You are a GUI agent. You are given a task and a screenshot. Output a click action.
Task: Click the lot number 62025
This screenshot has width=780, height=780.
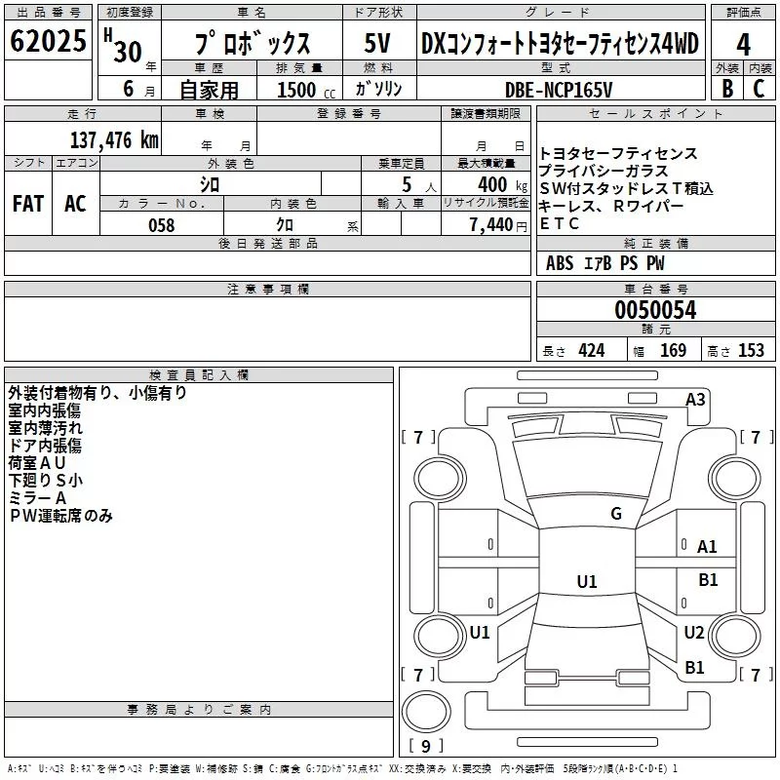[48, 41]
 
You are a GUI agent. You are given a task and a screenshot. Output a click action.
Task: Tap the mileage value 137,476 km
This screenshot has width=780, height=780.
[114, 140]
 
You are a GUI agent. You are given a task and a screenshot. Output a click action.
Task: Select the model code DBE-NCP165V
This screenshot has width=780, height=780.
[559, 90]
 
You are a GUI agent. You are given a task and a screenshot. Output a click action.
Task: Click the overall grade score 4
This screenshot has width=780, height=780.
[743, 45]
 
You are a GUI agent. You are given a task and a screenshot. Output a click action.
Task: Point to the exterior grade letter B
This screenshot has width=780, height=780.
[727, 89]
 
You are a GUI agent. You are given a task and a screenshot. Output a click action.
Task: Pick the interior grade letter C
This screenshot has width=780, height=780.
[759, 89]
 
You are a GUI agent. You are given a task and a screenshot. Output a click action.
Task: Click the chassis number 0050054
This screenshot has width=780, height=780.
[655, 310]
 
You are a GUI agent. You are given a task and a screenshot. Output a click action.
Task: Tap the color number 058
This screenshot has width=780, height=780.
[162, 225]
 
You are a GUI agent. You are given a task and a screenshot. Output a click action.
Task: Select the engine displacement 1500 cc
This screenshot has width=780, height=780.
[306, 90]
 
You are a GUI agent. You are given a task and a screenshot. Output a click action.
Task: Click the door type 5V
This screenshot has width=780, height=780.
[377, 43]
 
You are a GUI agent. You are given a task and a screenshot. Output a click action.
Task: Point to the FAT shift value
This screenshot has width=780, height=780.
[28, 204]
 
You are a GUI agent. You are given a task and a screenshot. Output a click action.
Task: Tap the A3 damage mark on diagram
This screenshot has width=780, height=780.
[695, 400]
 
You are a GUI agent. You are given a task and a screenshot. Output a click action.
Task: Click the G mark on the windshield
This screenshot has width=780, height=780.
[616, 514]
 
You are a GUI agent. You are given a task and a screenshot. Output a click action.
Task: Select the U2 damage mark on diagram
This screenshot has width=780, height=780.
[694, 632]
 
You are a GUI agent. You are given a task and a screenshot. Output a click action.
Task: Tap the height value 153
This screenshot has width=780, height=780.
[751, 350]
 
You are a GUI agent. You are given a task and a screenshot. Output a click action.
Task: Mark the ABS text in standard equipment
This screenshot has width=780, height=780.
[560, 263]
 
